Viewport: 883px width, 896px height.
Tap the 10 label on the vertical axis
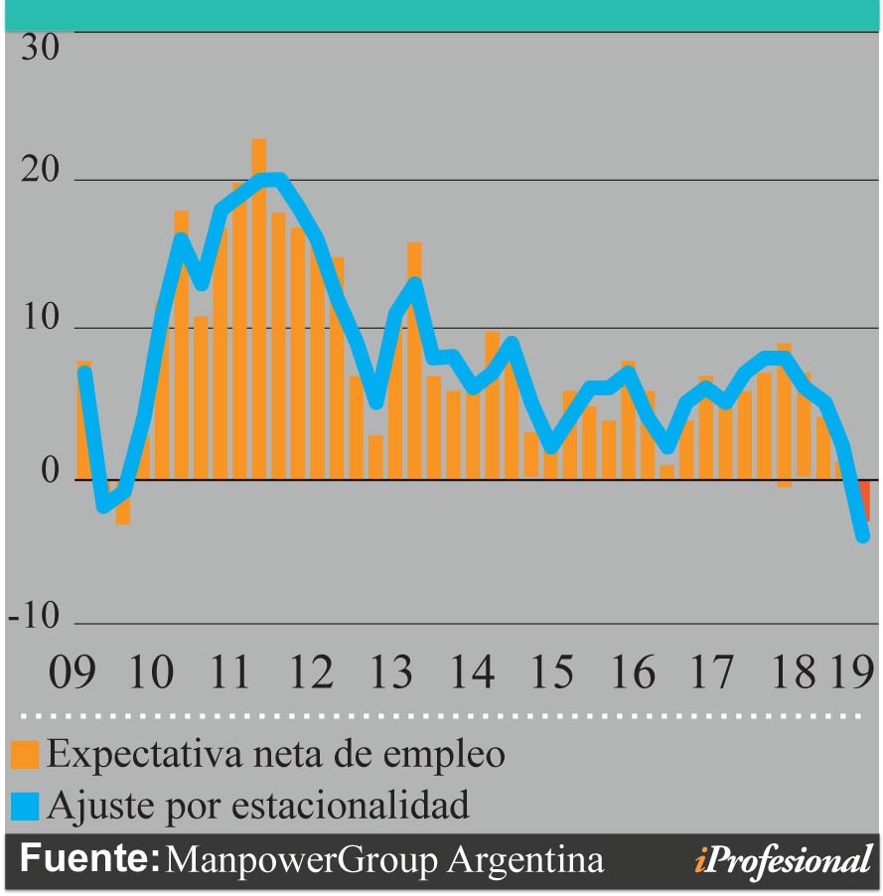coord(41,321)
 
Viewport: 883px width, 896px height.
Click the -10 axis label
coord(35,618)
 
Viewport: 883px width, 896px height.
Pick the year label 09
coord(73,674)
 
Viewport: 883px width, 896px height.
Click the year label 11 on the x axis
coord(230,674)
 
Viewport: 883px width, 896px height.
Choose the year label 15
coord(551,674)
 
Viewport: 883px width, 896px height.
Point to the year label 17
coord(711,674)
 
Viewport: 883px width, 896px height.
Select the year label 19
coord(852,674)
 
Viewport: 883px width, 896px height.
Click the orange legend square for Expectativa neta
coord(26,755)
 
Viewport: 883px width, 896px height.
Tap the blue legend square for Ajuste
coord(26,805)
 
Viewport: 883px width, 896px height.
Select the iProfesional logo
coord(783,860)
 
